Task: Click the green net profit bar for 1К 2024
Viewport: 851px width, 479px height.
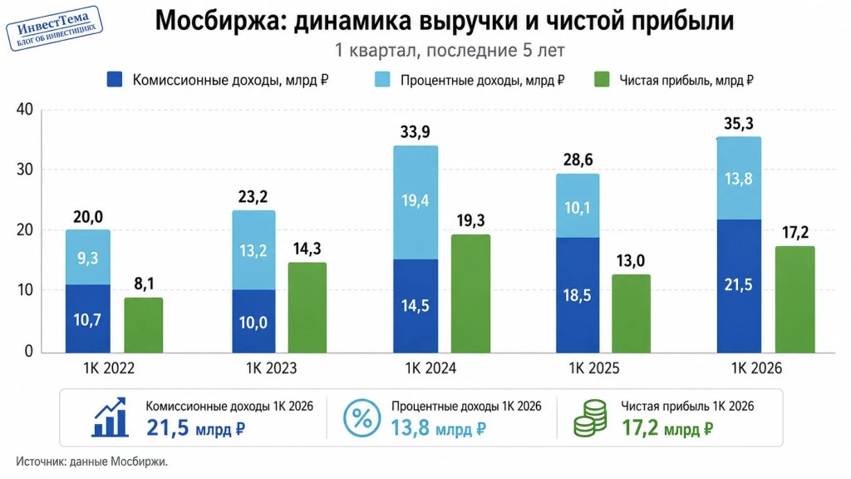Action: (x=470, y=294)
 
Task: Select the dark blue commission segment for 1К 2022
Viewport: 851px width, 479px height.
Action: (x=88, y=319)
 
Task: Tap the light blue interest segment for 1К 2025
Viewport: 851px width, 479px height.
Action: (x=578, y=206)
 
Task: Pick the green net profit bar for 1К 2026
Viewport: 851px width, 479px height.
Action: (x=795, y=299)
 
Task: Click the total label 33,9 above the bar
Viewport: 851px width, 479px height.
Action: (x=416, y=132)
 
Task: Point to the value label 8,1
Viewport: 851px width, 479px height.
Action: (x=144, y=284)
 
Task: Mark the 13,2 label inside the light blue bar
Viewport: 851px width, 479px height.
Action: (x=253, y=250)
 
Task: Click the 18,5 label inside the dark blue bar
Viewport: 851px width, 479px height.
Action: (x=577, y=295)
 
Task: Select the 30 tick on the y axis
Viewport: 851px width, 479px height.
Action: (x=24, y=170)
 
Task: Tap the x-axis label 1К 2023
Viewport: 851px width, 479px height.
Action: (x=272, y=368)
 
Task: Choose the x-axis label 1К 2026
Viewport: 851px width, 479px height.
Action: (x=756, y=368)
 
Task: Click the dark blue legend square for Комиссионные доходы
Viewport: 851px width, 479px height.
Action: (x=115, y=80)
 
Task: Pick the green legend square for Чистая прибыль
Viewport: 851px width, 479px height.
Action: (x=602, y=80)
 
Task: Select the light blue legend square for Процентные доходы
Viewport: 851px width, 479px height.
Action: (x=382, y=80)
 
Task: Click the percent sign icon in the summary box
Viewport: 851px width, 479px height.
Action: (x=362, y=418)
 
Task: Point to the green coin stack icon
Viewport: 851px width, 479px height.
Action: (x=591, y=418)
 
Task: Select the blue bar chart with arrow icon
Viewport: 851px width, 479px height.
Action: (x=110, y=417)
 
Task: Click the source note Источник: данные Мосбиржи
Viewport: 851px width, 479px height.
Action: (x=91, y=462)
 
